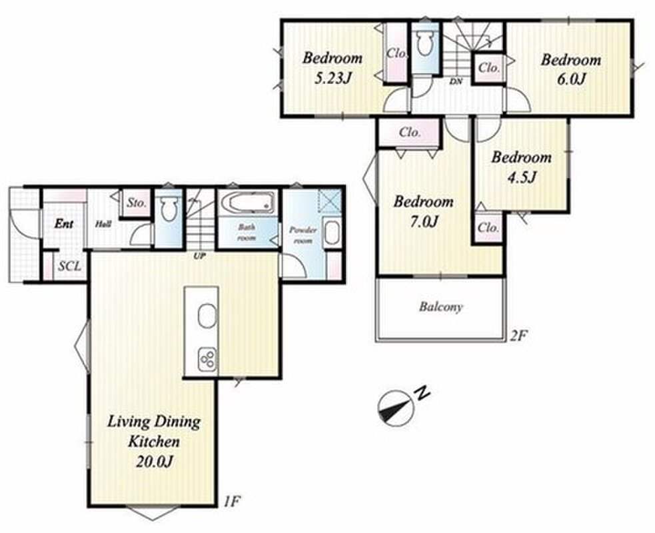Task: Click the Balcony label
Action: coord(440,307)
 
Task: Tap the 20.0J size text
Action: coord(154,462)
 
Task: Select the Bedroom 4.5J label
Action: coord(521,167)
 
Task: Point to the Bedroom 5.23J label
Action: coord(332,68)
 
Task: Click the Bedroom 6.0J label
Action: coord(571,69)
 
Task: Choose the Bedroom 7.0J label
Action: coord(423,211)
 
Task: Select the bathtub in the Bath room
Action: coord(247,203)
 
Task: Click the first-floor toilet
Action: coord(169,208)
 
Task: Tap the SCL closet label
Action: coord(69,266)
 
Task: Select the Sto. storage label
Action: coord(137,203)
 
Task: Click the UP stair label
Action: coord(199,257)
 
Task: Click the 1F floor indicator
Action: coord(231,500)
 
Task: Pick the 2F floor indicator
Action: coord(516,335)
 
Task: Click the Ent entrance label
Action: coord(64,224)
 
